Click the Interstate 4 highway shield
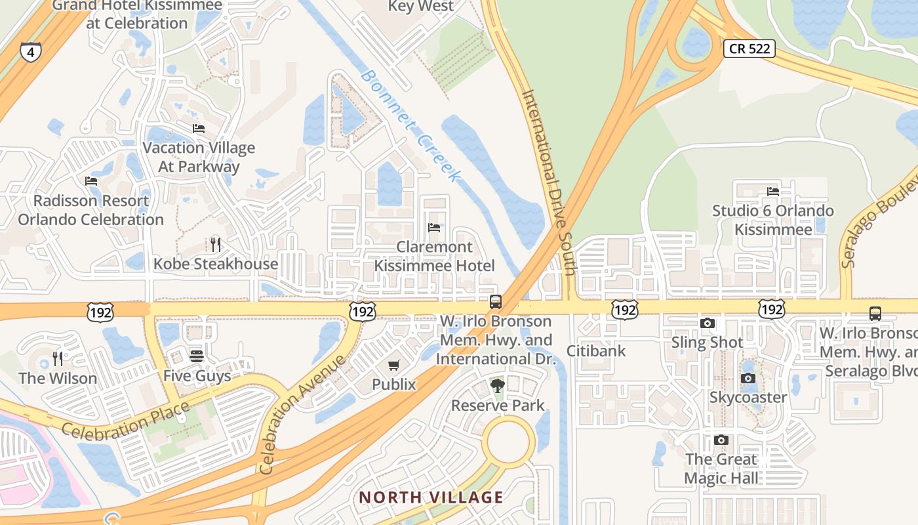pyautogui.click(x=30, y=51)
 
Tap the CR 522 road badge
pyautogui.click(x=749, y=49)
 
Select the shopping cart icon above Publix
pyautogui.click(x=393, y=365)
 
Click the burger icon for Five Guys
pyautogui.click(x=196, y=356)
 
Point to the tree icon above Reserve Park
pyautogui.click(x=498, y=385)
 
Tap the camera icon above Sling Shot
pyautogui.click(x=707, y=323)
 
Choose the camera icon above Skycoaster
pyautogui.click(x=748, y=378)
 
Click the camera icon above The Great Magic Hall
pyautogui.click(x=721, y=440)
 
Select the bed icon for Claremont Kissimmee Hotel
pyautogui.click(x=433, y=228)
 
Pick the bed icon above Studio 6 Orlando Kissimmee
pyautogui.click(x=773, y=192)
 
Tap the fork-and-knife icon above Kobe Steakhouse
pyautogui.click(x=215, y=245)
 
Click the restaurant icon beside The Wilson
pyautogui.click(x=58, y=358)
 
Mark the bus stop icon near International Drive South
pyautogui.click(x=496, y=302)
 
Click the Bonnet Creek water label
pyautogui.click(x=410, y=125)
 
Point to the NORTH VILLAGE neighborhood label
pyautogui.click(x=431, y=497)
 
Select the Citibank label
pyautogui.click(x=596, y=350)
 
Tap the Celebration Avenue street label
pyautogui.click(x=302, y=415)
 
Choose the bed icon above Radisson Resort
pyautogui.click(x=91, y=180)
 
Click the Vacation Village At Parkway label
pyautogui.click(x=199, y=157)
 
